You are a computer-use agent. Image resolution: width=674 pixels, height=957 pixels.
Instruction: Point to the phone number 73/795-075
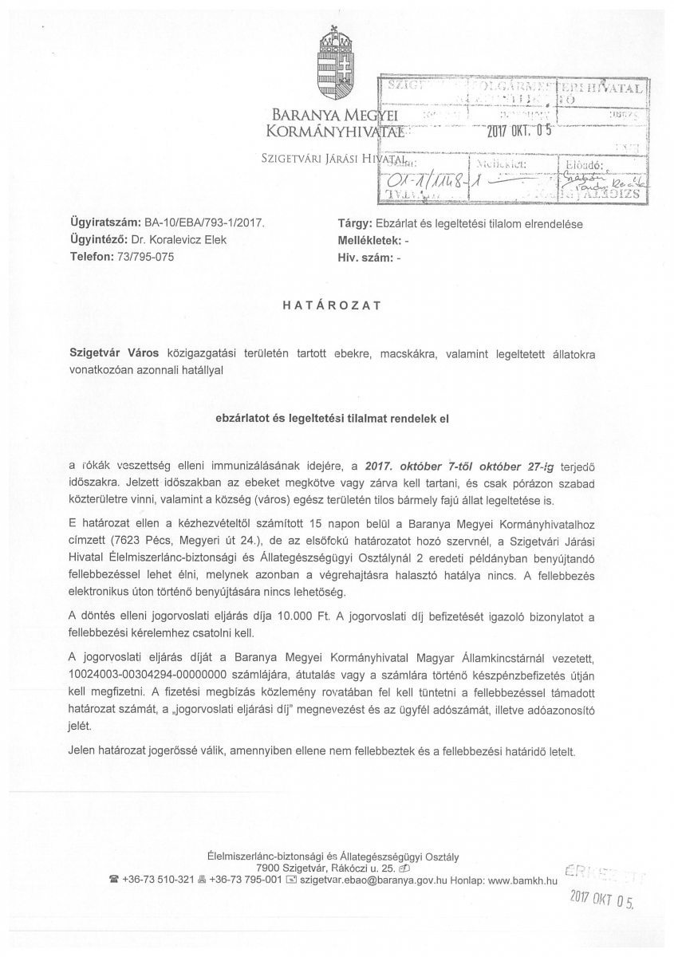[x=144, y=257]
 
